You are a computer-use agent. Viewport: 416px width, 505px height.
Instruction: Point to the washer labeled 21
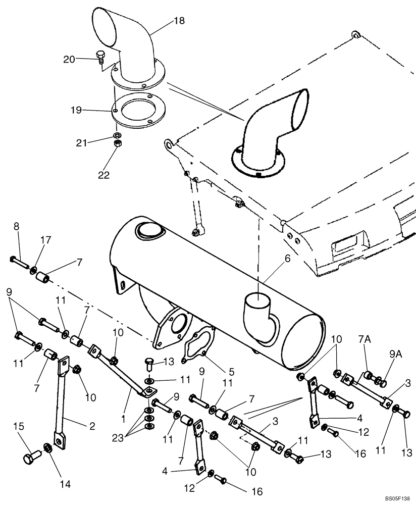(117, 135)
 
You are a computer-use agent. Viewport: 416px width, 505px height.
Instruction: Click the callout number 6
(287, 258)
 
